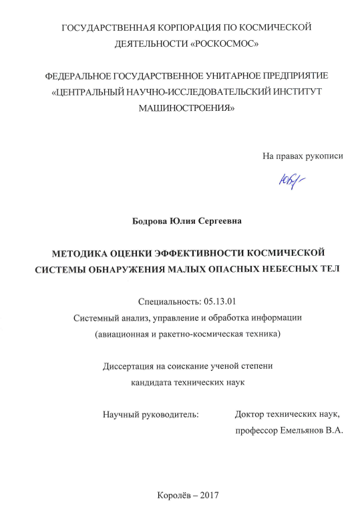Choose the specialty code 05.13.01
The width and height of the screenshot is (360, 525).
[x=212, y=301]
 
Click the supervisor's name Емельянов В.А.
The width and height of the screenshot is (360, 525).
[x=313, y=431]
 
